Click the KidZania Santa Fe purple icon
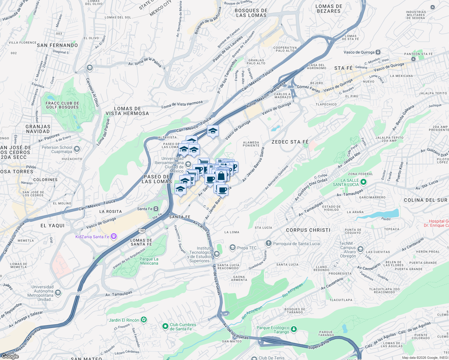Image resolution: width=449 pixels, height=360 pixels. (113, 236)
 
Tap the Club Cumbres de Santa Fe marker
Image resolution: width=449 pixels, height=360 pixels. (165, 326)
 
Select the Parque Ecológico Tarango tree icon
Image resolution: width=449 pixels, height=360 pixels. (294, 329)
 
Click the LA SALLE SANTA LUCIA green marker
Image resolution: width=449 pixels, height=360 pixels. (363, 182)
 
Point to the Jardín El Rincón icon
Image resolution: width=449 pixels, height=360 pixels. (144, 320)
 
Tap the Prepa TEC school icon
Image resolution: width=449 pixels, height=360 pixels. (232, 247)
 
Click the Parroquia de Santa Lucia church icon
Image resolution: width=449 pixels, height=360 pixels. (268, 243)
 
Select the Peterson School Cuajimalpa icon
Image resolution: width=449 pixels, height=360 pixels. (77, 149)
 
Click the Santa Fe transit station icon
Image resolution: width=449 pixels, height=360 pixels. (156, 209)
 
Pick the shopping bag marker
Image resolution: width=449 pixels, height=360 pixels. (221, 176)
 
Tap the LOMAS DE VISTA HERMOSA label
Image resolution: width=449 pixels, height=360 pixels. (127, 111)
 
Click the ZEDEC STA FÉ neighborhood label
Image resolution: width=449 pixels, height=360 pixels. (290, 142)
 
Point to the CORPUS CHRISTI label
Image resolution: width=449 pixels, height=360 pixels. (308, 230)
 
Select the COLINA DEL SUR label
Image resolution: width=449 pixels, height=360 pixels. (425, 200)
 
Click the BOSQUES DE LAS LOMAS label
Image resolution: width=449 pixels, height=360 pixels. (251, 13)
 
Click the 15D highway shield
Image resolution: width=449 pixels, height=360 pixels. (142, 230)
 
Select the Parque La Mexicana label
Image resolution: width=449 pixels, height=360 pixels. (149, 261)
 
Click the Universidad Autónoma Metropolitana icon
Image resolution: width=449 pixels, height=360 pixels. (58, 292)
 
